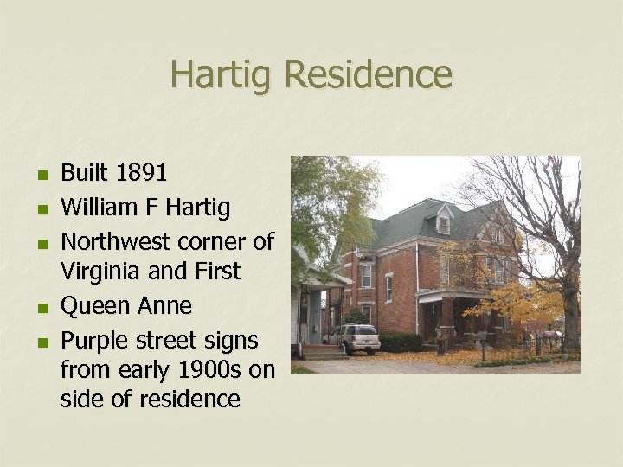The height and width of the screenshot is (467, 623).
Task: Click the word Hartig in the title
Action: pos(222,74)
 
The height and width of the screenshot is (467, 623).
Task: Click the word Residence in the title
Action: pos(367,74)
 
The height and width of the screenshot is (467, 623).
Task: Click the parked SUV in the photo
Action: pos(352,338)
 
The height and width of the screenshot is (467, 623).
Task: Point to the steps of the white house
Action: pos(323,351)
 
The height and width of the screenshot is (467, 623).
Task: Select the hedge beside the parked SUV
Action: pos(401,342)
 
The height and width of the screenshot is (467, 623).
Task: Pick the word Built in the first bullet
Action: pos(82,174)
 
